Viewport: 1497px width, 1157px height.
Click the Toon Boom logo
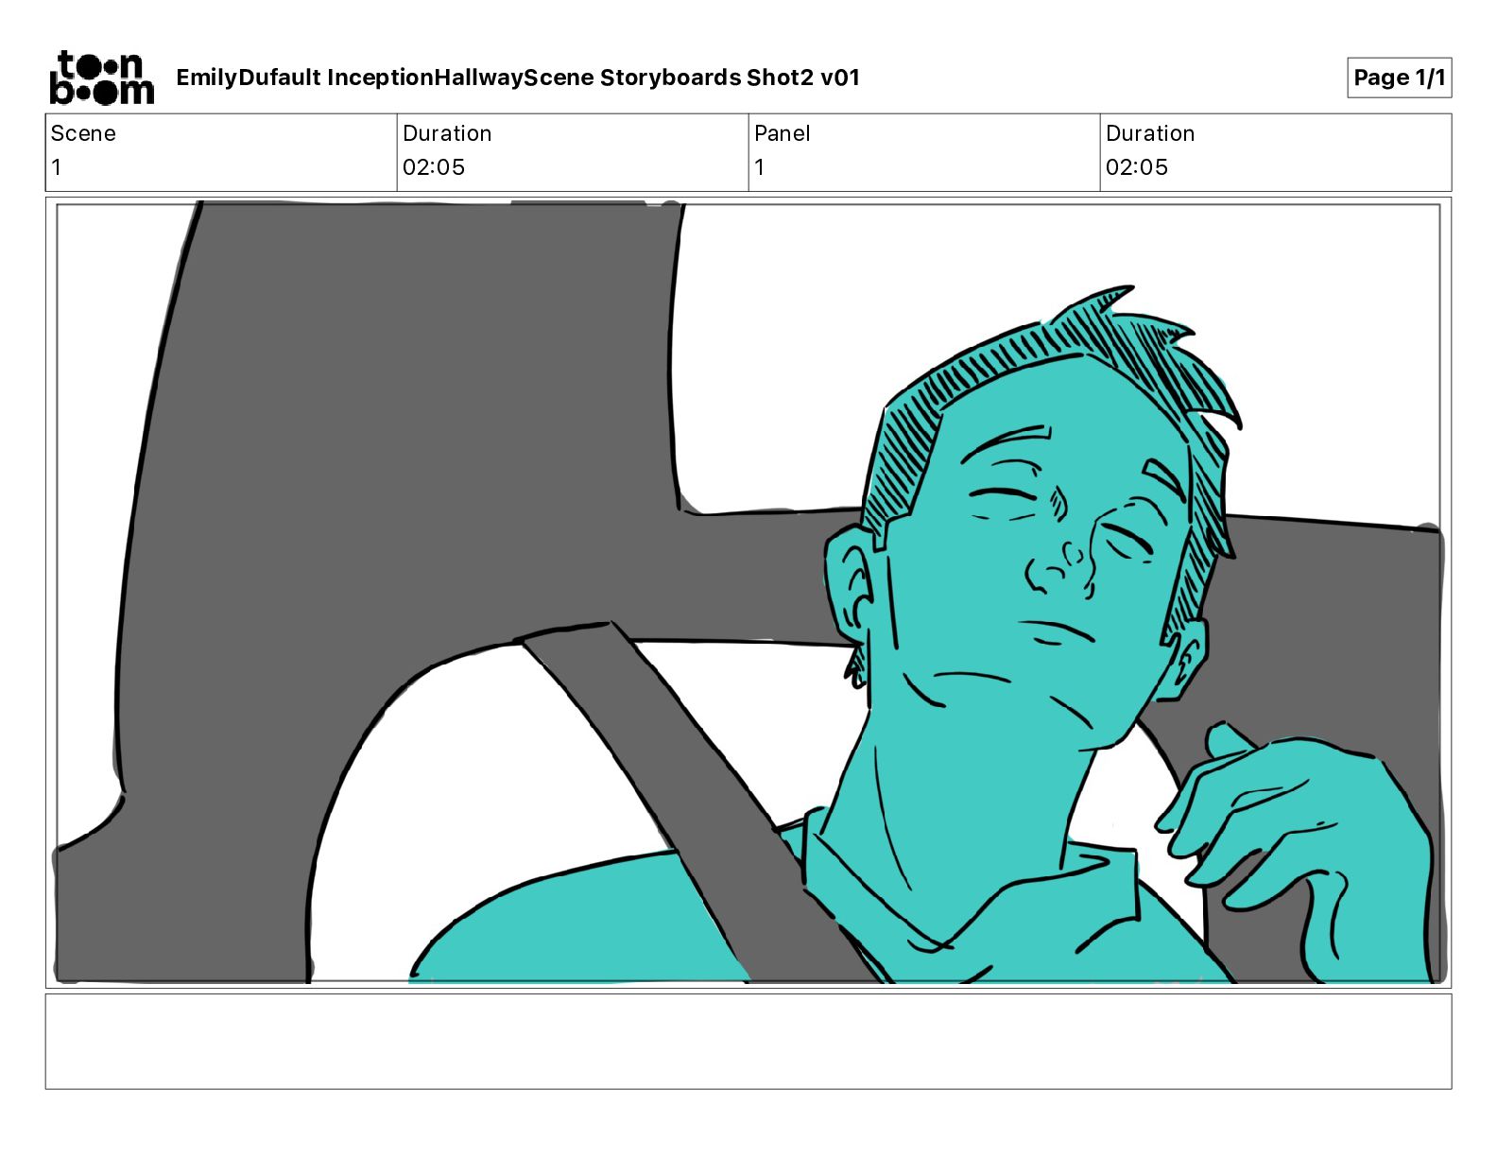click(102, 78)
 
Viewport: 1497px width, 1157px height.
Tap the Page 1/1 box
click(1399, 78)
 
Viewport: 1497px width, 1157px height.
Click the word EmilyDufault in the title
click(249, 78)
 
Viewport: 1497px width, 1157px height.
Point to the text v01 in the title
click(840, 78)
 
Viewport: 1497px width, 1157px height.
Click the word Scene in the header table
click(83, 133)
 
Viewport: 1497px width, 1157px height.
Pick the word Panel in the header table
click(782, 133)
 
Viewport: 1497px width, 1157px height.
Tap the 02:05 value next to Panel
click(1137, 166)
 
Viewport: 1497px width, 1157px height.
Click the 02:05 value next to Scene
click(434, 166)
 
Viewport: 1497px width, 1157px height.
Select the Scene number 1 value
click(57, 166)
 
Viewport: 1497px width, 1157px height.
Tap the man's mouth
click(1058, 630)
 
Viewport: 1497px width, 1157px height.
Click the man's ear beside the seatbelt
click(849, 593)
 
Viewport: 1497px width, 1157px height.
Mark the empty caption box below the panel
click(748, 1042)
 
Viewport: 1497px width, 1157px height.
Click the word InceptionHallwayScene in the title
click(460, 78)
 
